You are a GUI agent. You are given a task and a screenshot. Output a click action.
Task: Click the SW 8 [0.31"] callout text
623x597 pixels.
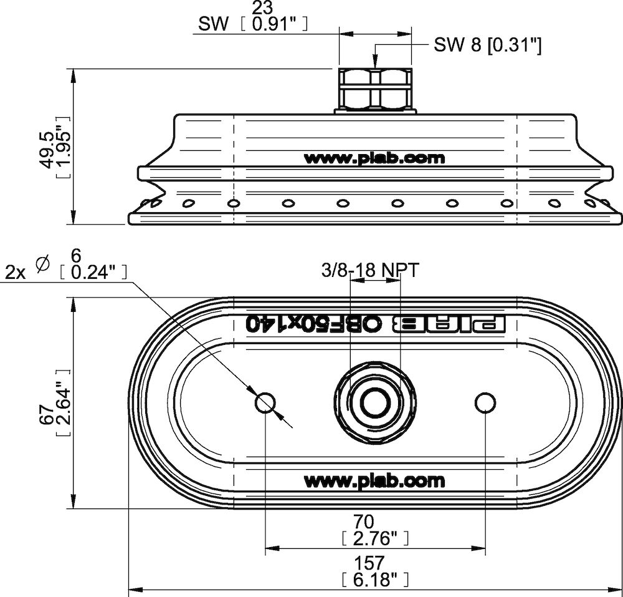coord(488,45)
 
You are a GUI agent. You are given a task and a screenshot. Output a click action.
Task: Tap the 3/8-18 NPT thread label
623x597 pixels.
coord(370,271)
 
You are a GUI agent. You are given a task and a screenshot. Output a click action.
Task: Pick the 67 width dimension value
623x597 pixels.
coord(47,414)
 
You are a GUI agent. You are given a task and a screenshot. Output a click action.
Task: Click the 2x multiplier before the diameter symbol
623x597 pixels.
coord(15,273)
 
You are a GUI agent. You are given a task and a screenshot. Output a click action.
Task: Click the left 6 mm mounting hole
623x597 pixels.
coord(265,404)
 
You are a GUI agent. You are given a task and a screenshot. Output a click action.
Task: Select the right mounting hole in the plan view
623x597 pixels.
coord(485,404)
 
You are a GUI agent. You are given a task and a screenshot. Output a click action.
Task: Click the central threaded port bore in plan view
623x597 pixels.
coord(375,402)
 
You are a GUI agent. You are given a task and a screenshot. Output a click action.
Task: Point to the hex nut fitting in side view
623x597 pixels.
coord(375,89)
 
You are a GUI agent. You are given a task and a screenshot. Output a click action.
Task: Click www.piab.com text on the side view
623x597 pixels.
coord(374,158)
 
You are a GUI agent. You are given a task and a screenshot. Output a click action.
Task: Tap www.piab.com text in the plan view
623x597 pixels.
coord(374,481)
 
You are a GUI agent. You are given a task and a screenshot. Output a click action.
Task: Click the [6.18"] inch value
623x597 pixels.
coord(375,580)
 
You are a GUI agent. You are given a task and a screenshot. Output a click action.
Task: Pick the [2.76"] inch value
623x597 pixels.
coord(375,538)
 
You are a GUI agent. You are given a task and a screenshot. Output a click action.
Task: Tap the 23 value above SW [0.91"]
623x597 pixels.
coord(263,8)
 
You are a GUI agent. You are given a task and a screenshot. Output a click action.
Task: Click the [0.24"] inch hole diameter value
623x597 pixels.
coord(94,273)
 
